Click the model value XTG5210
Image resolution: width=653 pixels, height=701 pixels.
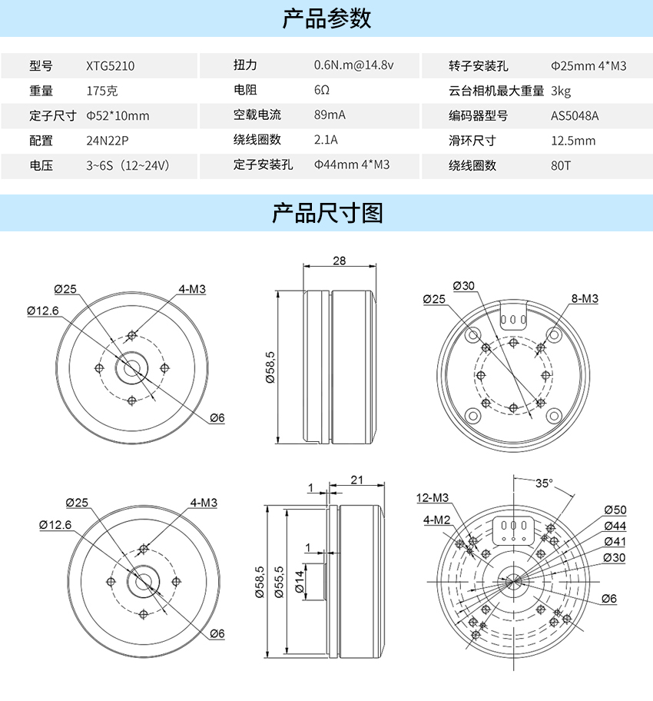click(110, 66)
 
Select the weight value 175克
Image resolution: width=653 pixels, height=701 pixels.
click(101, 91)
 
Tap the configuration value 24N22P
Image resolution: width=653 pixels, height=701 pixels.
click(108, 141)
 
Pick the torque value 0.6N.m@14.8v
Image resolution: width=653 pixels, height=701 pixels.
click(353, 65)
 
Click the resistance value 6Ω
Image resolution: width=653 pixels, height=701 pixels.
click(321, 90)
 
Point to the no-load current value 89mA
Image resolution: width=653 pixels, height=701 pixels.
click(330, 115)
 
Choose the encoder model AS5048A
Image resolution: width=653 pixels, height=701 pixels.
click(575, 116)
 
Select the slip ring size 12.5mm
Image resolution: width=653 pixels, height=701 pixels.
click(573, 141)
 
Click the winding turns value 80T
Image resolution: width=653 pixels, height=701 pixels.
click(561, 166)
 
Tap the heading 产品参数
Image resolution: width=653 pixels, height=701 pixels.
click(326, 18)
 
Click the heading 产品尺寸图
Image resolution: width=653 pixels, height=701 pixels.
click(326, 213)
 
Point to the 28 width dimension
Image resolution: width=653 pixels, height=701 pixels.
click(340, 261)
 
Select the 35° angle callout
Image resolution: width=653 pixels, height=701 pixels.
click(544, 483)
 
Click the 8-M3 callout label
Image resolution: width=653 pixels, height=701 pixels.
click(585, 298)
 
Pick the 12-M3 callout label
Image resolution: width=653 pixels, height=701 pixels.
click(433, 497)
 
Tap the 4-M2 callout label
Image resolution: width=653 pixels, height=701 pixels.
click(436, 520)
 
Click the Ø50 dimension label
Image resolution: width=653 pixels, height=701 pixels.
click(615, 510)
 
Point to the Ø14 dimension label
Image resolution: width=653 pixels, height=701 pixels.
click(300, 582)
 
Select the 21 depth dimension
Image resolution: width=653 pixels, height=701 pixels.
click(356, 480)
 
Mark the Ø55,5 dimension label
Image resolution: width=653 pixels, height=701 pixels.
click(278, 582)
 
